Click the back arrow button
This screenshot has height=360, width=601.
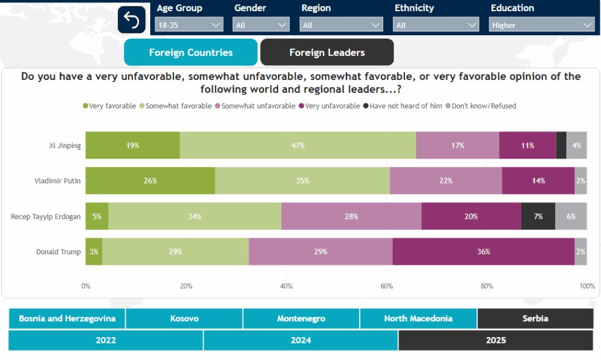pos(131,21)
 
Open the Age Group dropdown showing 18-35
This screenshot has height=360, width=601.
pos(189,25)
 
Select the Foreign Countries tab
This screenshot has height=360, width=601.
pos(191,52)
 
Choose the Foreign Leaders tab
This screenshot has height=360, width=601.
pos(327,52)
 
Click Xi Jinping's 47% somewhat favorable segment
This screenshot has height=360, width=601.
pos(298,145)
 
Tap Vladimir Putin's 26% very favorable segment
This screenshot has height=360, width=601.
pos(150,180)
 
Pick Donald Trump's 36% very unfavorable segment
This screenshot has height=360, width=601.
pos(483,251)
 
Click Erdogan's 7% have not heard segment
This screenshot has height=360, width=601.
pos(538,216)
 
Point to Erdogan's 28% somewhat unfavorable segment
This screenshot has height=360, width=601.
pos(351,216)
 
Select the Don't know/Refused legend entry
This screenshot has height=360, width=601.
pos(484,106)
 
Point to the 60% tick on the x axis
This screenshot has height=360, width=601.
pos(386,286)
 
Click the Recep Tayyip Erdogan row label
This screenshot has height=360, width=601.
pos(46,216)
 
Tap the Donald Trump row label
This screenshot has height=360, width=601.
pos(58,251)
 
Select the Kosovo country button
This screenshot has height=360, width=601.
pos(184,318)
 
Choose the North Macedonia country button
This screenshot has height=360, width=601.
pos(418,318)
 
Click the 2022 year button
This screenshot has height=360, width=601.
pos(106,340)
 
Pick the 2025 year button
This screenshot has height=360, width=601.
pos(495,340)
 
